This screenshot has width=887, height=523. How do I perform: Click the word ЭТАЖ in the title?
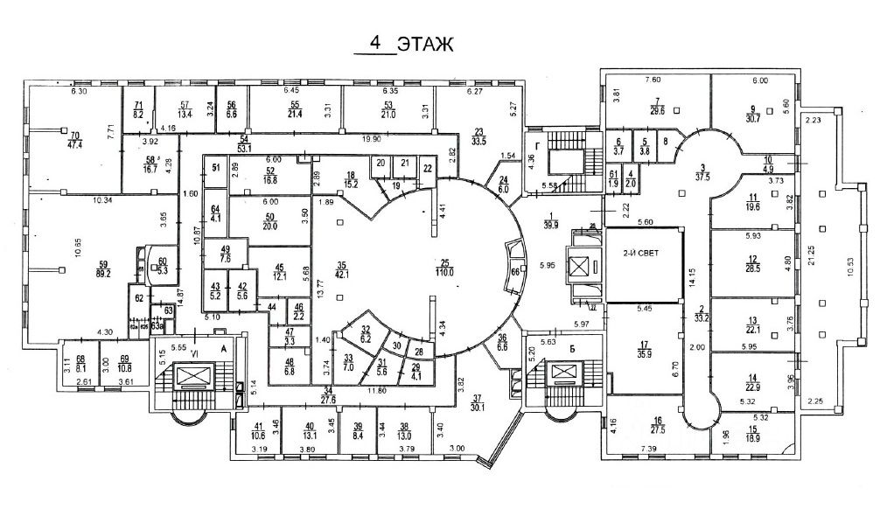click(425, 45)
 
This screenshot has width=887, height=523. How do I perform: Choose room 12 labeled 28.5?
click(751, 262)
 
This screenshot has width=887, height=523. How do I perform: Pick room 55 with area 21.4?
click(295, 109)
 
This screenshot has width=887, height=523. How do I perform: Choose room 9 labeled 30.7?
click(751, 115)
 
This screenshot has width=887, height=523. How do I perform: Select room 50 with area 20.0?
click(270, 220)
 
